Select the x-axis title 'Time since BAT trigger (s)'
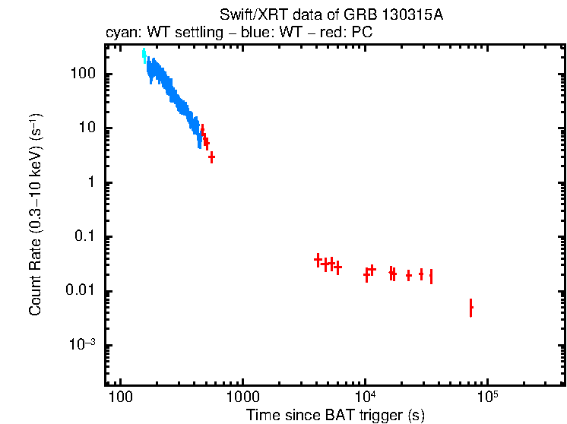[x=334, y=414]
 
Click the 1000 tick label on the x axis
[x=242, y=397]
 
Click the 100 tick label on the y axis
[x=81, y=74]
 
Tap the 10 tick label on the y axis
[x=85, y=128]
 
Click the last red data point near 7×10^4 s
[x=471, y=308]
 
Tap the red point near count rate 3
[x=211, y=157]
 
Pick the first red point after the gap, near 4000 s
[x=318, y=260]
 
